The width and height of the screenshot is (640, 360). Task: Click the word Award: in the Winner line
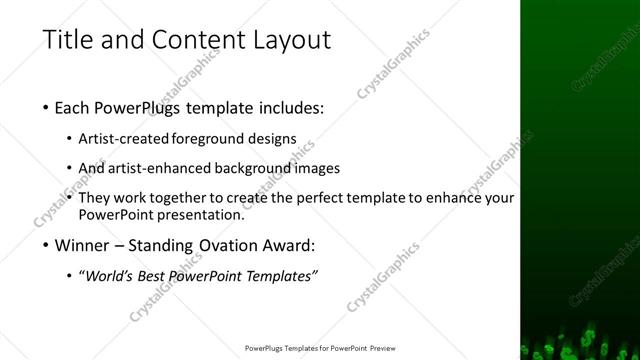(290, 245)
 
